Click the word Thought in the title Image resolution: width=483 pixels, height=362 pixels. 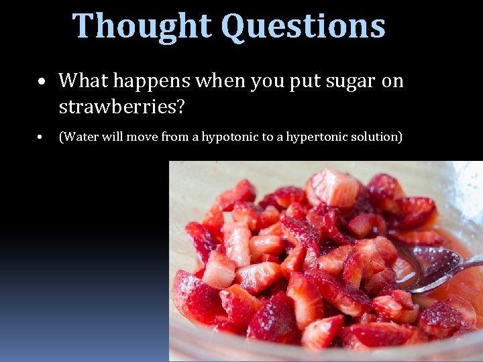[143, 25]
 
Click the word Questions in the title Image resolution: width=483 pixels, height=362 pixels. [303, 27]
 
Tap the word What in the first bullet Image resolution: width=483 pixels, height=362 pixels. [83, 80]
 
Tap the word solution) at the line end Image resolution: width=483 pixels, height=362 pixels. [377, 137]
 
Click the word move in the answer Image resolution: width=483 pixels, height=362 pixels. [136, 137]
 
